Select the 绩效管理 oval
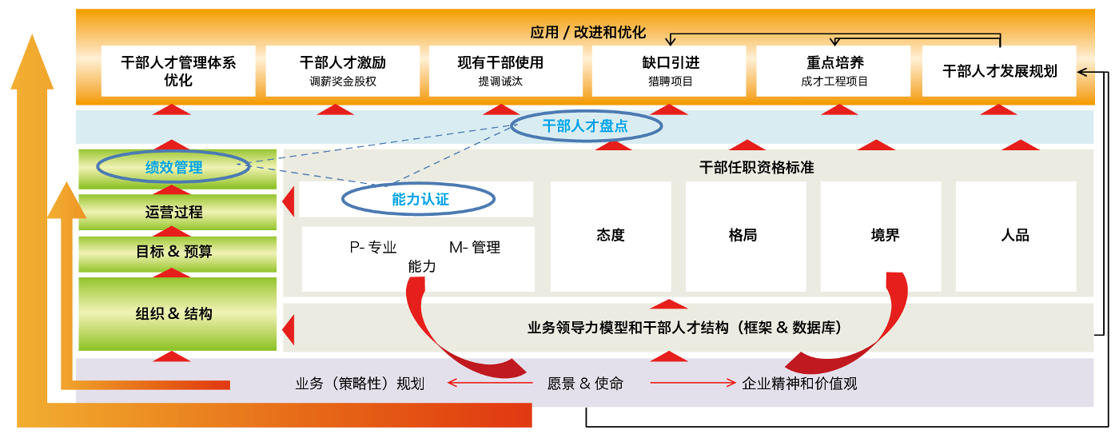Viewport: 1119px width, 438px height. click(x=173, y=167)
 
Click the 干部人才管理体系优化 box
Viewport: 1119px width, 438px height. click(x=178, y=71)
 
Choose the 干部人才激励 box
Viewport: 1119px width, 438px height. click(x=342, y=71)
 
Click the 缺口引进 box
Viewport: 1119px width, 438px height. click(x=669, y=71)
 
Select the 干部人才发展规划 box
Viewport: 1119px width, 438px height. click(x=999, y=71)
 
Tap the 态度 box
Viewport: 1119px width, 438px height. click(x=610, y=236)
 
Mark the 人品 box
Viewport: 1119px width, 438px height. click(x=1016, y=236)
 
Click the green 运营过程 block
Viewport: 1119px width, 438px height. click(x=177, y=212)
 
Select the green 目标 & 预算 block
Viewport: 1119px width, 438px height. click(x=177, y=253)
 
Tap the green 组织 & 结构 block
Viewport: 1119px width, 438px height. click(x=177, y=313)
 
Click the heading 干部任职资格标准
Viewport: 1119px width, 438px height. click(x=756, y=168)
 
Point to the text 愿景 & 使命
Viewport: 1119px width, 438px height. click(x=585, y=384)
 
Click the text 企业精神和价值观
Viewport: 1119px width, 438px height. click(x=799, y=384)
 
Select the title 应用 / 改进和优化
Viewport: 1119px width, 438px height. click(x=587, y=33)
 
